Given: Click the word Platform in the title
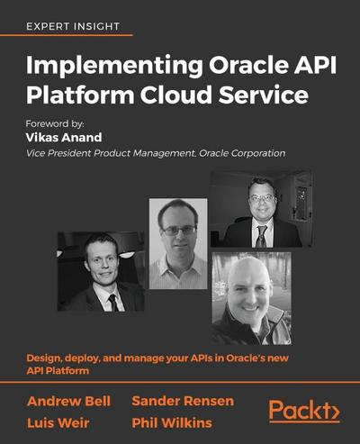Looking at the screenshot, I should (x=76, y=95).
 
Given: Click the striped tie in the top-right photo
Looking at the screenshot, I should (x=260, y=236).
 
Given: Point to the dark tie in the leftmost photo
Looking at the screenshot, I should (x=111, y=300).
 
